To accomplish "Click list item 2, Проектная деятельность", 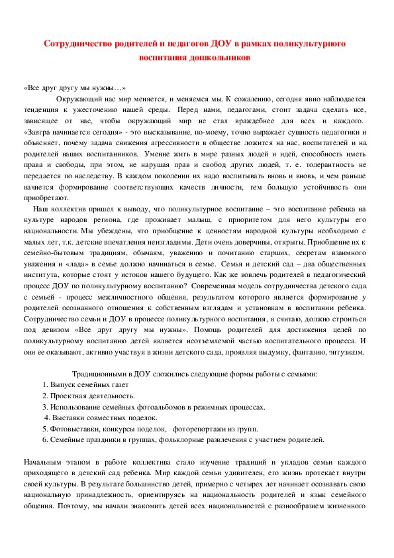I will click(92, 396).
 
